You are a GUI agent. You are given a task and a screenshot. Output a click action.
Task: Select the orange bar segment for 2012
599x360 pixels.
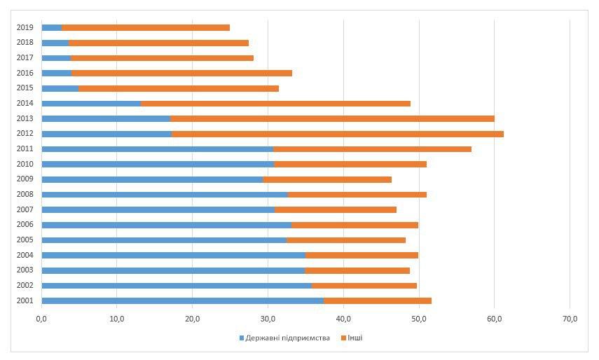pyautogui.click(x=337, y=134)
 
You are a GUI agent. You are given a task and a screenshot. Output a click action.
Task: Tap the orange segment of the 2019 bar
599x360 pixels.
pyautogui.click(x=145, y=27)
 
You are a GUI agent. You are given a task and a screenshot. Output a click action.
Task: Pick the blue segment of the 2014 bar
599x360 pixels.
pyautogui.click(x=91, y=104)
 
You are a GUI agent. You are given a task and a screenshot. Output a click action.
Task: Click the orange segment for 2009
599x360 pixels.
pyautogui.click(x=327, y=179)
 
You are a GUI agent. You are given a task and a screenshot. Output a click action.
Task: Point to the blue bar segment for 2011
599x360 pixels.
pyautogui.click(x=157, y=149)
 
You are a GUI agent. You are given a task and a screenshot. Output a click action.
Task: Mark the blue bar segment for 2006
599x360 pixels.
pyautogui.click(x=166, y=225)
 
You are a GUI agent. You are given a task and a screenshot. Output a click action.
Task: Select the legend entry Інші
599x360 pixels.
pyautogui.click(x=354, y=338)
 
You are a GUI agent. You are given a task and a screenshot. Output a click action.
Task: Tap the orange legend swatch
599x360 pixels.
pyautogui.click(x=343, y=338)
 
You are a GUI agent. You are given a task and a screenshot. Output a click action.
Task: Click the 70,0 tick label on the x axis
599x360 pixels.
pyautogui.click(x=570, y=319)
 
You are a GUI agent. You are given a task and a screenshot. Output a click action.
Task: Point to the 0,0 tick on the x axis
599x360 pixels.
pyautogui.click(x=41, y=319)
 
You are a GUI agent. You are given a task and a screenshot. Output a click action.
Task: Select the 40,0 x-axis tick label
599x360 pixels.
pyautogui.click(x=343, y=319)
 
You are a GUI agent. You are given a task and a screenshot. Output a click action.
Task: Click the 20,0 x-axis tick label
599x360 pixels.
pyautogui.click(x=193, y=319)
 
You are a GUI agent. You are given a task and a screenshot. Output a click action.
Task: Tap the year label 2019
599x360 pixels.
pyautogui.click(x=25, y=27)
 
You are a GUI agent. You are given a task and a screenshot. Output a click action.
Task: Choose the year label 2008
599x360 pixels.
pyautogui.click(x=25, y=195)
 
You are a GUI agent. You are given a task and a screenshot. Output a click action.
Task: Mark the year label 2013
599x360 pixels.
pyautogui.click(x=25, y=118)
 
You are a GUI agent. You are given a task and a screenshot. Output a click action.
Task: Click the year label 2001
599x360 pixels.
pyautogui.click(x=25, y=300)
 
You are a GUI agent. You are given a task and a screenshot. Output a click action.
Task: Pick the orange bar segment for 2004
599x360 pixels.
pyautogui.click(x=362, y=255)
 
